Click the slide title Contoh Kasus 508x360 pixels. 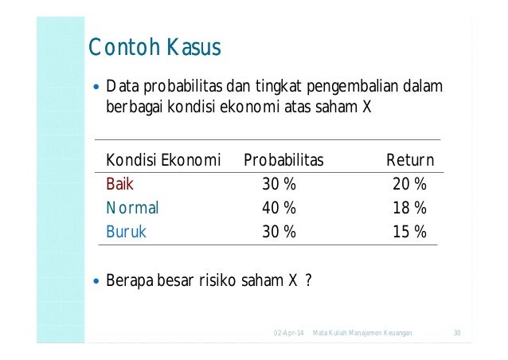(154, 49)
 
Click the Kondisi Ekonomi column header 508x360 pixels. (163, 161)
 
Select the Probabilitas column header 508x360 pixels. (283, 161)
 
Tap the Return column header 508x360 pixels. (409, 161)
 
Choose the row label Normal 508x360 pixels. (133, 209)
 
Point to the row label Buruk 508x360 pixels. (127, 233)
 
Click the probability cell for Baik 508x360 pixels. (279, 185)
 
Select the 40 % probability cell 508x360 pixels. (279, 209)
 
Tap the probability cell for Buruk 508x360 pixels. (279, 233)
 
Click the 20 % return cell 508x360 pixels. (409, 185)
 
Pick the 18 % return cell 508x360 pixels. (409, 209)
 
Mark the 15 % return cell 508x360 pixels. (409, 233)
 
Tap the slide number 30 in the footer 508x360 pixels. (457, 331)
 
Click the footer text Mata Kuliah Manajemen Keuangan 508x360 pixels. (362, 331)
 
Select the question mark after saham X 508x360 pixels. (307, 281)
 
